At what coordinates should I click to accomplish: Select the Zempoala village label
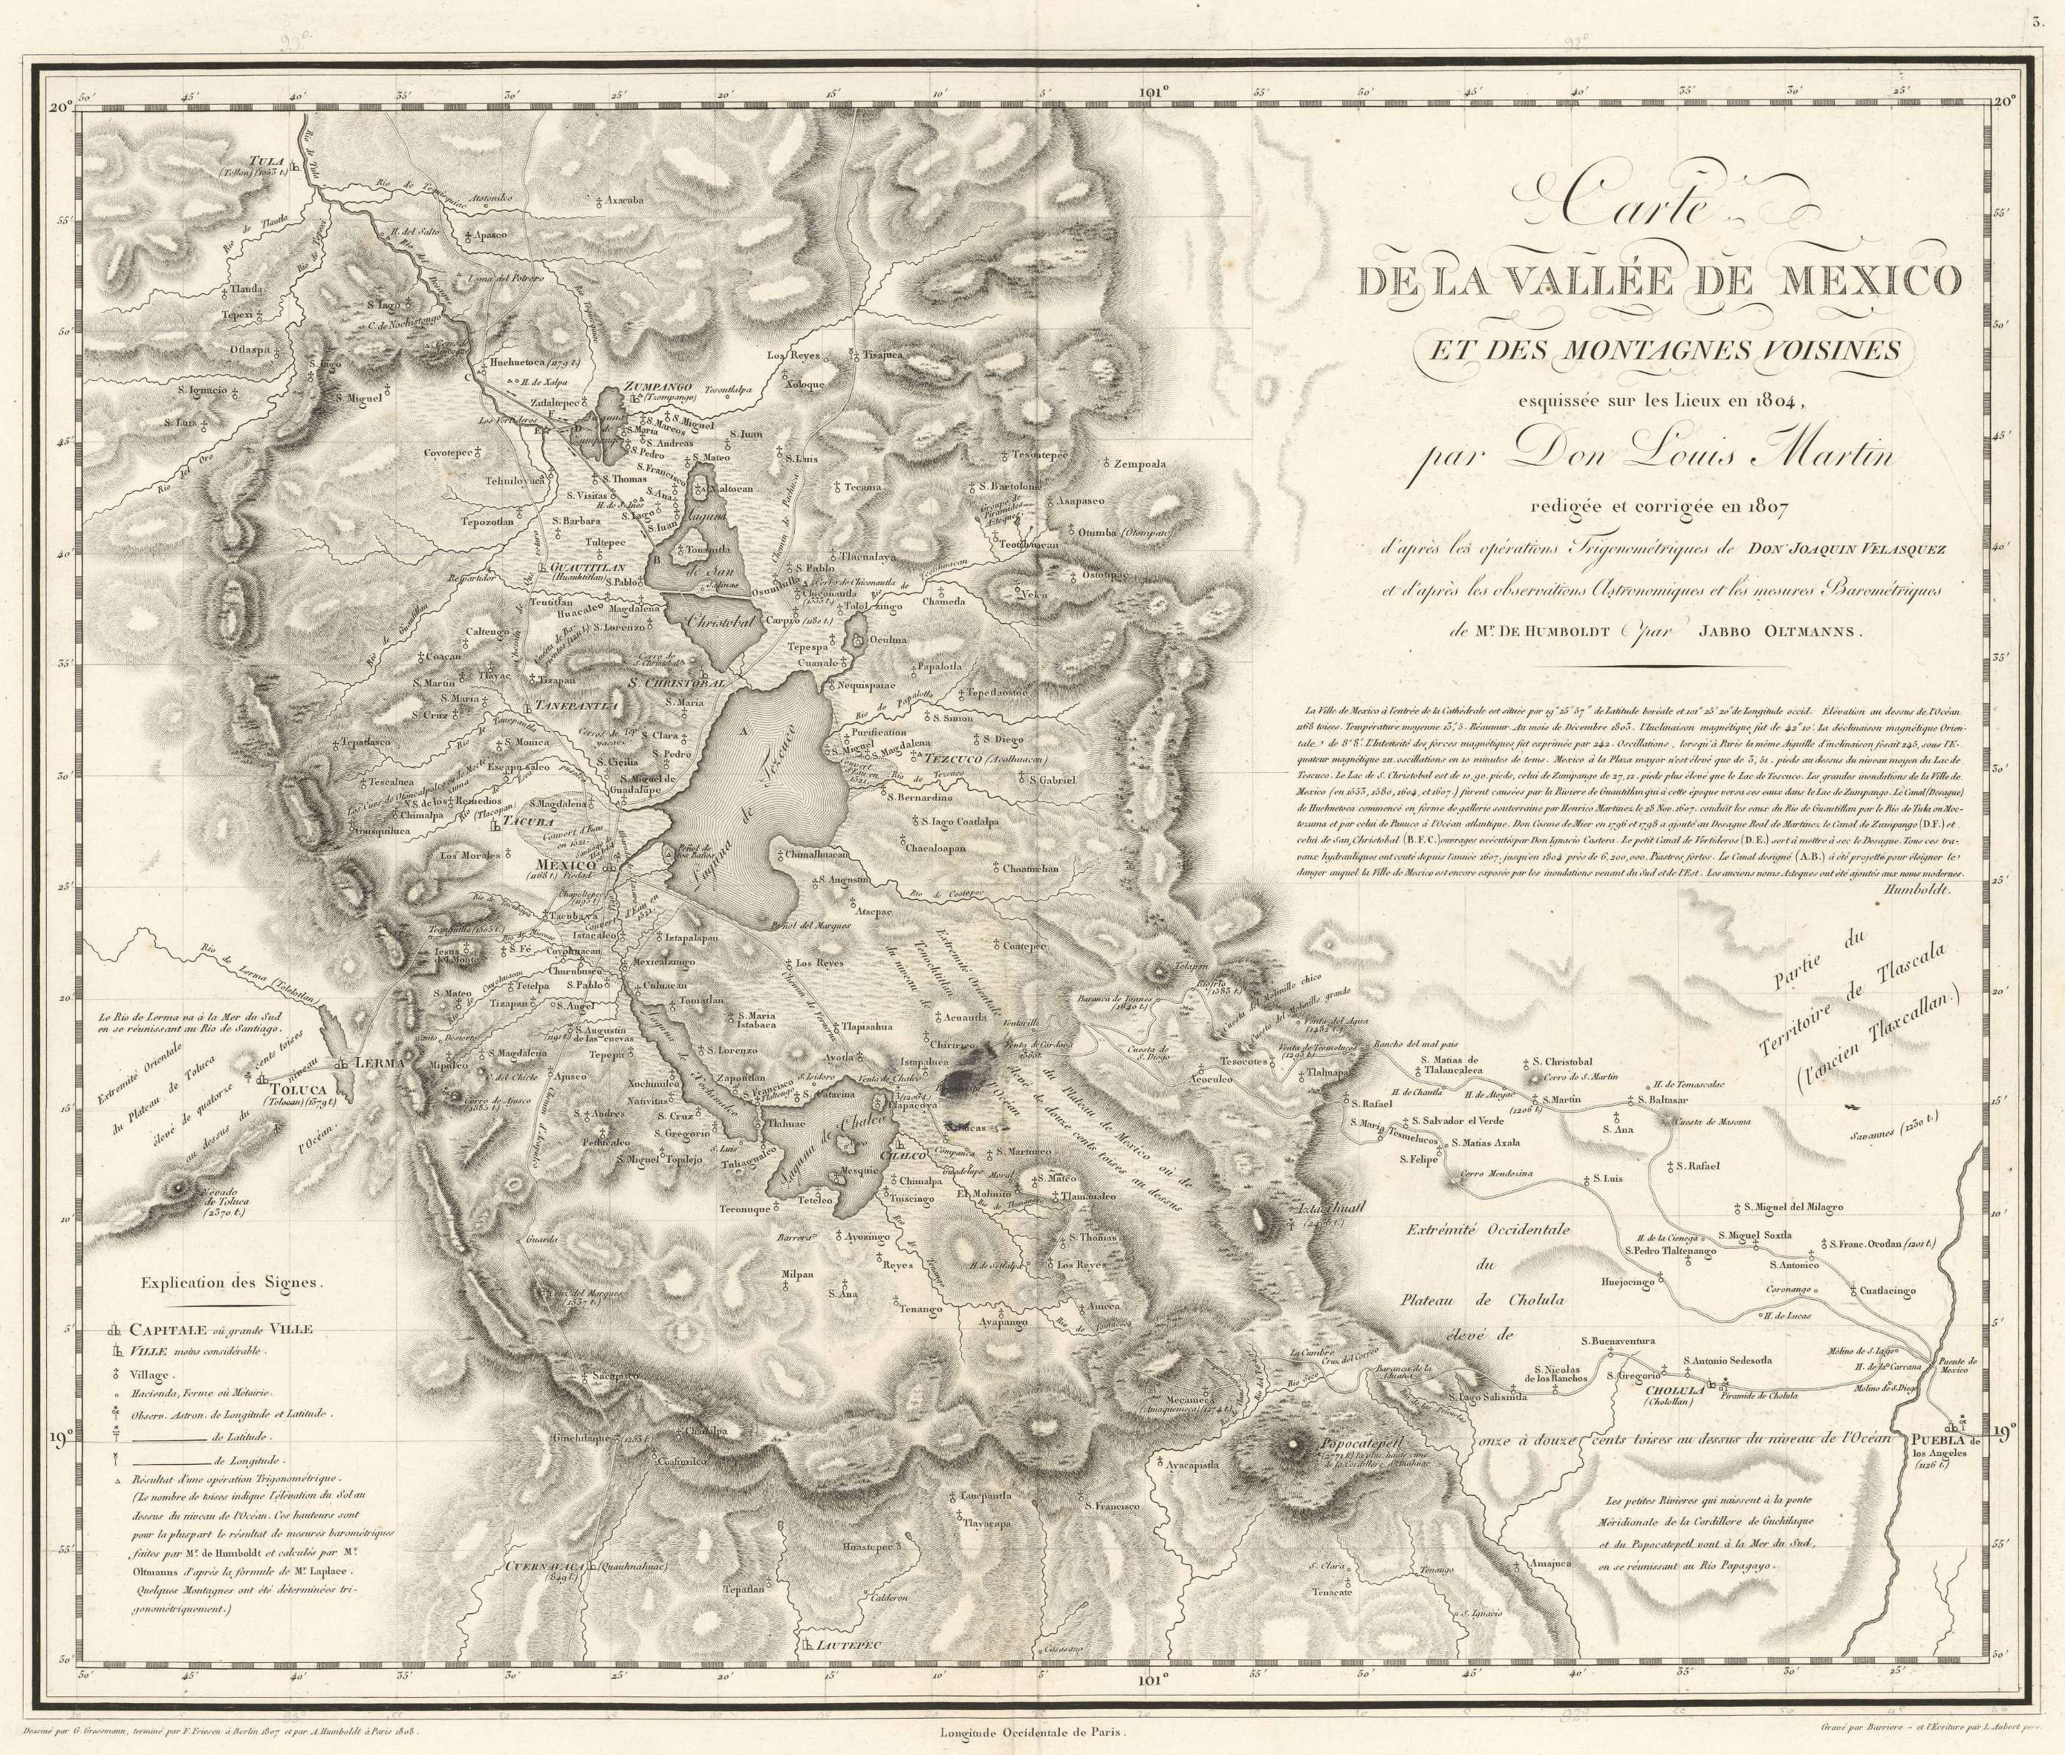click(1142, 465)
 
